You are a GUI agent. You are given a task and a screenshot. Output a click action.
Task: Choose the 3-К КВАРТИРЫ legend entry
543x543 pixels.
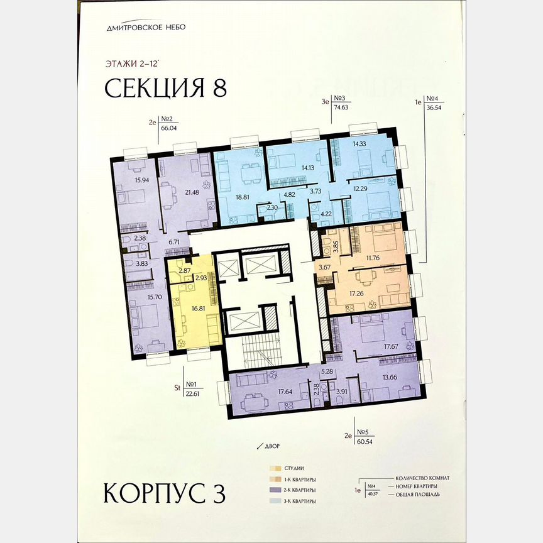coord(300,501)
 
